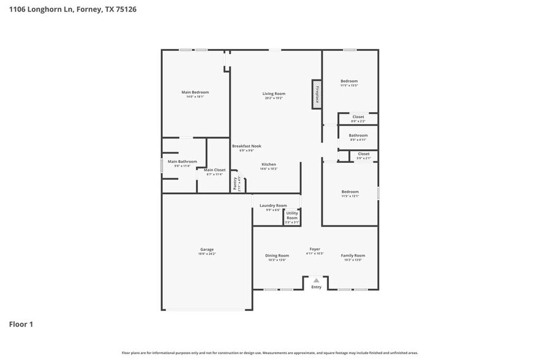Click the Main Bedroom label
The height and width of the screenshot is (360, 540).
click(195, 92)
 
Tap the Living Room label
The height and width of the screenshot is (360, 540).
click(274, 94)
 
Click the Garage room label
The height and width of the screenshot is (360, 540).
click(207, 249)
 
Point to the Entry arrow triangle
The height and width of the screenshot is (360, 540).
click(317, 280)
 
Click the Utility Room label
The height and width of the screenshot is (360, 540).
click(292, 216)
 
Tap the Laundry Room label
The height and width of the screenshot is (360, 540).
click(273, 206)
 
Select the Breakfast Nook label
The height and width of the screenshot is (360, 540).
click(247, 146)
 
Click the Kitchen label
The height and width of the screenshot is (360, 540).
click(269, 164)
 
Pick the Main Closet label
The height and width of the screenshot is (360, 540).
click(214, 170)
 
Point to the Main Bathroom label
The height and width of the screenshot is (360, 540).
click(184, 162)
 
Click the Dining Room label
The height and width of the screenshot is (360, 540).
click(277, 255)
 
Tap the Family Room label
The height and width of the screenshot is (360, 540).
click(353, 255)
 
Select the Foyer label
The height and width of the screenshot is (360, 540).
click(315, 249)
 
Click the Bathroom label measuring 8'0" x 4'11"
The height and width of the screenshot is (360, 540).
click(358, 135)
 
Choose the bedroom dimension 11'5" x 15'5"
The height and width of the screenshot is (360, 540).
click(349, 85)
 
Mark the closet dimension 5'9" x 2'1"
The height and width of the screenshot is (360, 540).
click(364, 159)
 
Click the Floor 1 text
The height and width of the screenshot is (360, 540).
click(21, 324)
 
